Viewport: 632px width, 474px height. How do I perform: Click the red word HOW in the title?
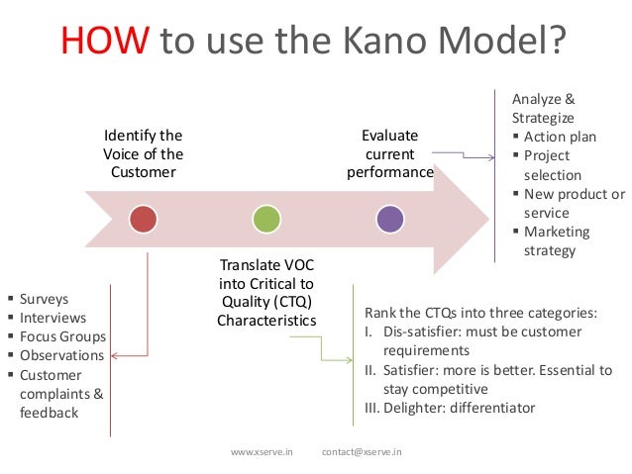(x=106, y=42)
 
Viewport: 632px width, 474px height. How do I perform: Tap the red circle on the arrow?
(x=144, y=219)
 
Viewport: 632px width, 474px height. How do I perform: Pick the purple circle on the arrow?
(x=390, y=219)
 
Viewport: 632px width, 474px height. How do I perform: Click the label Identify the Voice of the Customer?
(x=144, y=153)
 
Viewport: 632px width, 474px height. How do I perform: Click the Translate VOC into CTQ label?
(x=266, y=293)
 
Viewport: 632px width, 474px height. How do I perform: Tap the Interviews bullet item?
(x=53, y=318)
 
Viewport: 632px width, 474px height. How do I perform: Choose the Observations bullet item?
(x=61, y=355)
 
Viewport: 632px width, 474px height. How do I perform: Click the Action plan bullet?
(x=560, y=137)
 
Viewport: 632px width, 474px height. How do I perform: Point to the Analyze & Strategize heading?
(x=543, y=109)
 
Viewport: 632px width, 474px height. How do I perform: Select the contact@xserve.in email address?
(x=369, y=452)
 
